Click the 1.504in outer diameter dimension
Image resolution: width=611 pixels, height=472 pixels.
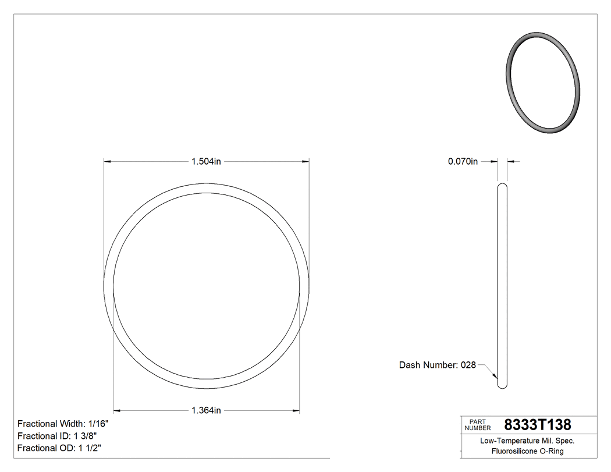(206, 161)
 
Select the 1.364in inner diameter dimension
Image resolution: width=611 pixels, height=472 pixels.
(206, 410)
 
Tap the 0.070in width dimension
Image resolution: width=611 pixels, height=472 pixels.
(463, 161)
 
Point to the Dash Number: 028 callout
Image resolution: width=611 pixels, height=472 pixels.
(437, 365)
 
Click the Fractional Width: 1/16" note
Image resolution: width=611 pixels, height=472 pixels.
(63, 424)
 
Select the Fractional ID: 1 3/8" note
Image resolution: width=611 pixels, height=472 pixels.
(57, 436)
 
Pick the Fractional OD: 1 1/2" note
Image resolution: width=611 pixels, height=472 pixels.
(60, 448)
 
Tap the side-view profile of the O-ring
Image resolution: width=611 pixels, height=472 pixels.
(502, 285)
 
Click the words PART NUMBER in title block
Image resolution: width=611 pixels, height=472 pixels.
(478, 424)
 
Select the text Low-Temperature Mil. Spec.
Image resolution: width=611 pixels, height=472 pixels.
(527, 441)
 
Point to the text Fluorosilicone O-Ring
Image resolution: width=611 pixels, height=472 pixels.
(527, 451)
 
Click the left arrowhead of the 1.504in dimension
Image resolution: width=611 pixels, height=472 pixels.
(107, 161)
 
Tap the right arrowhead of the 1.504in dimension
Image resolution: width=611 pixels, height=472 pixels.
(305, 161)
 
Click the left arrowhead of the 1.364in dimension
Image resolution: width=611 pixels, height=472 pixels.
(116, 410)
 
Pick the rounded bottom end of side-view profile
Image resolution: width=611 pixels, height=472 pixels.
(502, 386)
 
